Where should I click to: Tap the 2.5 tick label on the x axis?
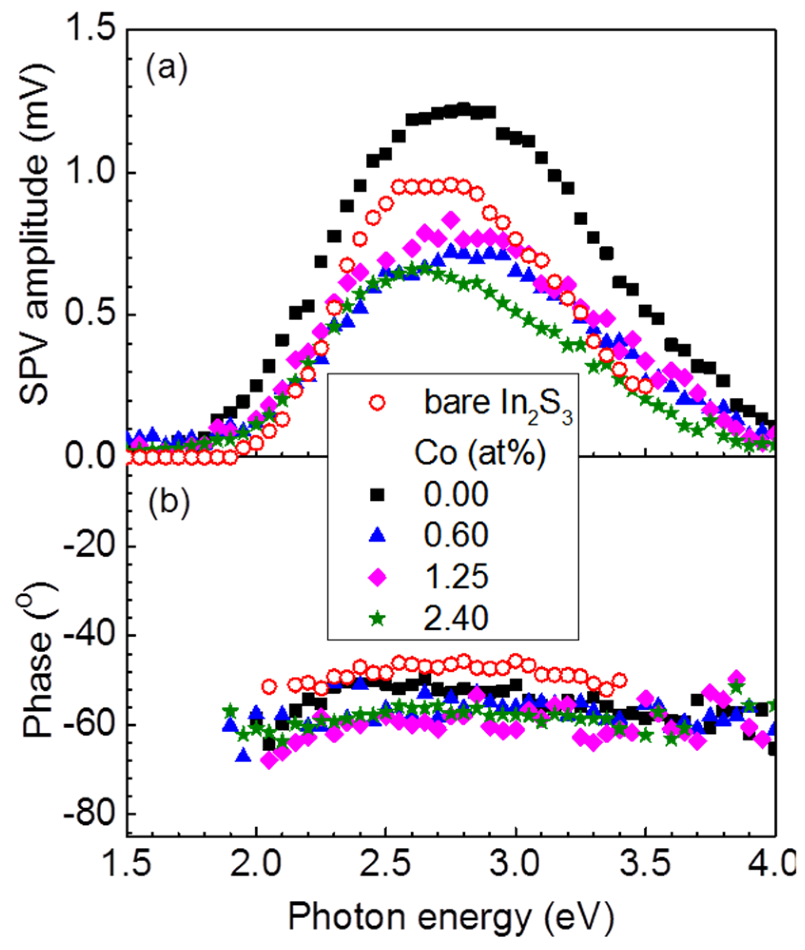[x=385, y=864]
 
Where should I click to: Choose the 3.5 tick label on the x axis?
[x=645, y=864]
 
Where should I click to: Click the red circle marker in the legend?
[x=377, y=403]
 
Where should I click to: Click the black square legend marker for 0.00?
[x=377, y=495]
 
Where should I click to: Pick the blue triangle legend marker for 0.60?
[x=378, y=535]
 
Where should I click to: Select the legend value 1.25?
[x=456, y=576]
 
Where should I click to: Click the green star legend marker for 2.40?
[x=377, y=618]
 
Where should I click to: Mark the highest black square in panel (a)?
[x=463, y=108]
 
